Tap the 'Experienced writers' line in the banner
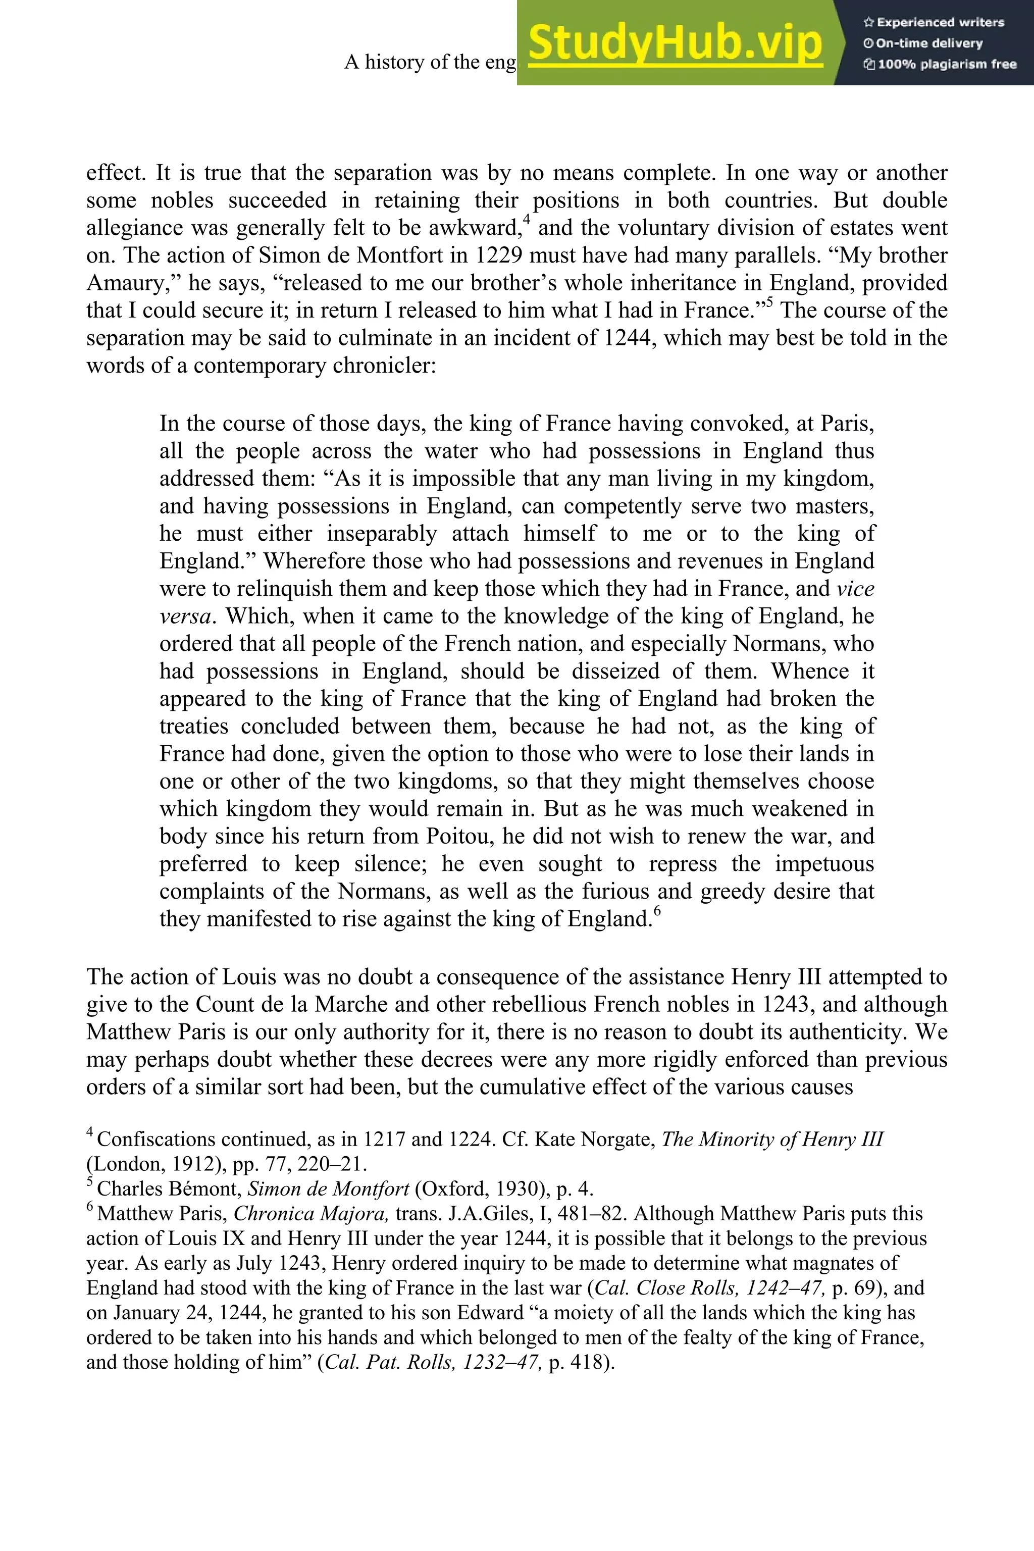pyautogui.click(x=934, y=22)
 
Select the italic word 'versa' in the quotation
pyautogui.click(x=185, y=616)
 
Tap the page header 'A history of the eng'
pyautogui.click(x=430, y=62)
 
